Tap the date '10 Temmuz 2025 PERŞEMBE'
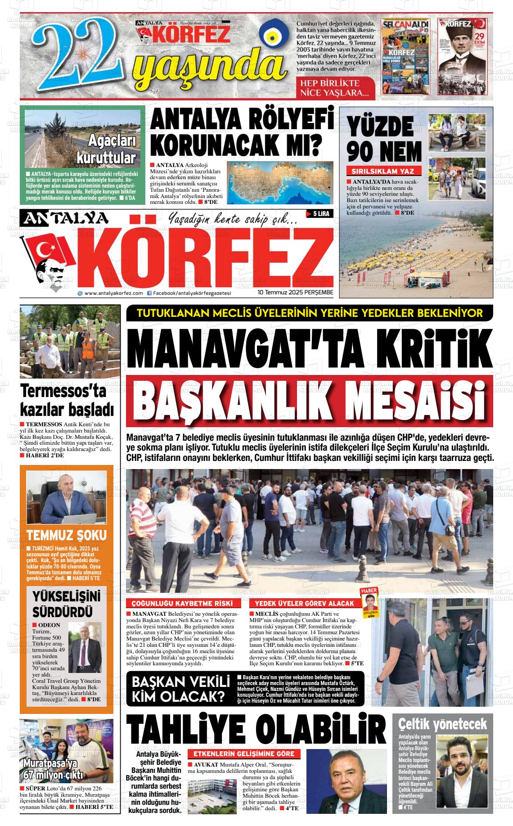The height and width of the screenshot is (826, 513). click(295, 293)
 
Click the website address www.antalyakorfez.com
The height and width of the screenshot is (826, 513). click(113, 293)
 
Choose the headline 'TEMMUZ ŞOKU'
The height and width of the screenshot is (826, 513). click(67, 536)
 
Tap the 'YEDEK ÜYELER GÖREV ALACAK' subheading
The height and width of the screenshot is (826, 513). click(305, 604)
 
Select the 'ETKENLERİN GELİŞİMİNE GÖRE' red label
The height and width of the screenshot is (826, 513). click(244, 754)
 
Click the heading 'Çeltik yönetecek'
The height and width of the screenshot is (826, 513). click(442, 724)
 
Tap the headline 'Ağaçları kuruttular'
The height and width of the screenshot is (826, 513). click(105, 149)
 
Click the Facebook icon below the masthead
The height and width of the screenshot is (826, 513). click(149, 293)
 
